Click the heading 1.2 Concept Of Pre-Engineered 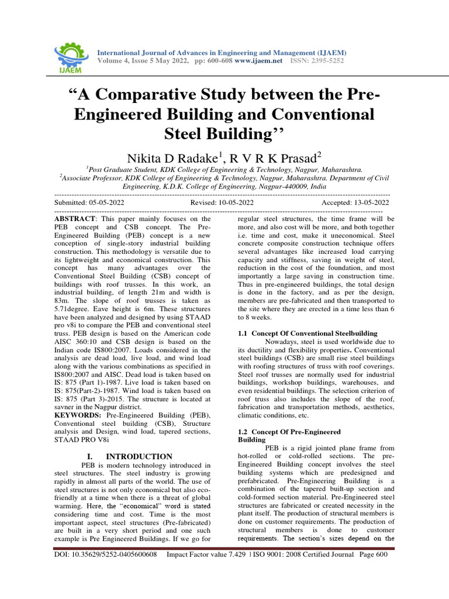290,431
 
